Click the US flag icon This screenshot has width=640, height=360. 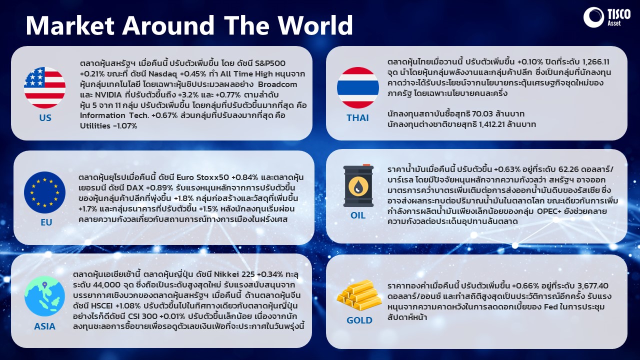(45, 87)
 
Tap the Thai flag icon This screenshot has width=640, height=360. (357, 87)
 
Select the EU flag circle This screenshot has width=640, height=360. (45, 192)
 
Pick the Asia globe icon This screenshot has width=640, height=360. (44, 296)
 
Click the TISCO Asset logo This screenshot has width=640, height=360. (606, 17)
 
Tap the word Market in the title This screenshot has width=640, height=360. (70, 25)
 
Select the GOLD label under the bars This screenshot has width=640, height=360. (359, 320)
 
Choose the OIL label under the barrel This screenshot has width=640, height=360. (357, 215)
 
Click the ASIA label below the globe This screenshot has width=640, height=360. (44, 326)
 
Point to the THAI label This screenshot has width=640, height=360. (357, 117)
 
